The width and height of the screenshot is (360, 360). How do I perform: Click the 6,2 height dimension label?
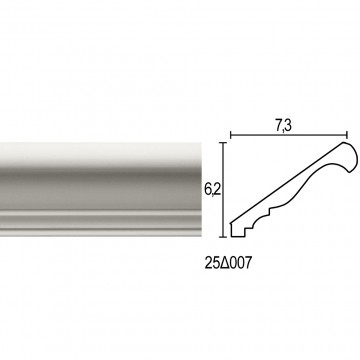pos(212,189)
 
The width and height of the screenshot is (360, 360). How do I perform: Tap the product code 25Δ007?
pos(228,264)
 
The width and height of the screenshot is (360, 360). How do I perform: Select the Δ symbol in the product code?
pos(226,264)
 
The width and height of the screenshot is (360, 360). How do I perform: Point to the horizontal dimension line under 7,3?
pos(289,135)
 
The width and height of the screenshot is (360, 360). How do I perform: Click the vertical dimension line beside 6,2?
pos(224,190)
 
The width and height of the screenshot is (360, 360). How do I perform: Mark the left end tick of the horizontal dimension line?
pos(231,135)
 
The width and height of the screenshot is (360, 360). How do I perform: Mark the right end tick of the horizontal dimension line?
pos(347,135)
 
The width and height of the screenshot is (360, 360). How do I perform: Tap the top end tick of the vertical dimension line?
pos(224,143)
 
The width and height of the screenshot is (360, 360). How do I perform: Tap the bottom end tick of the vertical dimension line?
pos(224,237)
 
